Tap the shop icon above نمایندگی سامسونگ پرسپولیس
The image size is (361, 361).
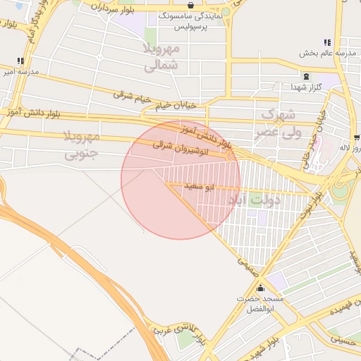pyautogui.click(x=190, y=5)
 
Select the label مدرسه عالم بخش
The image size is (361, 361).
pyautogui.click(x=326, y=54)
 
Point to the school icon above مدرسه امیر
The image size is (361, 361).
pyautogui.click(x=20, y=61)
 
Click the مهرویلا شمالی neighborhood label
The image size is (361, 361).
pyautogui.click(x=163, y=58)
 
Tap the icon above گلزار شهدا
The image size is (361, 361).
pyautogui.click(x=306, y=76)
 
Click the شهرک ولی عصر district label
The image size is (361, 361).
pyautogui.click(x=281, y=122)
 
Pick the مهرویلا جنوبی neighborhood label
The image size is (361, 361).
pyautogui.click(x=83, y=144)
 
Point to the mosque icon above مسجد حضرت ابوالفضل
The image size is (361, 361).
pyautogui.click(x=261, y=288)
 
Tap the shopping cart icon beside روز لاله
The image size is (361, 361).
pyautogui.click(x=357, y=137)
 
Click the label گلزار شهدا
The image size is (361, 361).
pyautogui.click(x=306, y=87)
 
